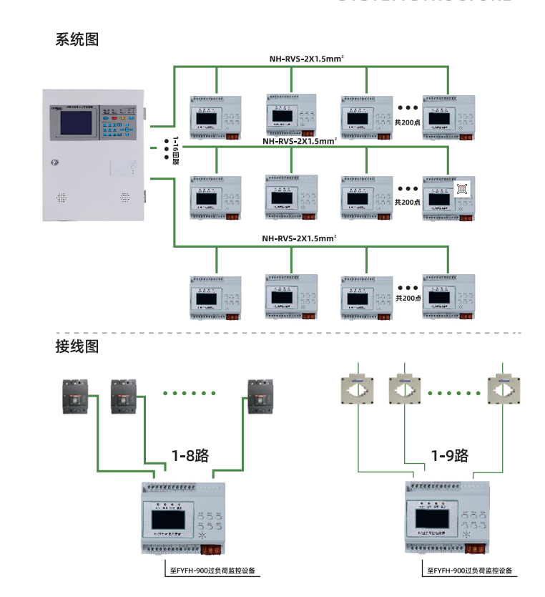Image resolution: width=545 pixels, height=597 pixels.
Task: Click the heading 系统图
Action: (x=77, y=40)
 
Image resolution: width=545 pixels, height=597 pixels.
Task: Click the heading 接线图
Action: (x=77, y=347)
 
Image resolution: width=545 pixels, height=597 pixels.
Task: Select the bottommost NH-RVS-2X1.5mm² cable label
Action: (x=298, y=238)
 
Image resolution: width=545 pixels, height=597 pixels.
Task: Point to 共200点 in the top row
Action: (x=408, y=122)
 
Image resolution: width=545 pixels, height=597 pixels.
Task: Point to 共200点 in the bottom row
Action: (x=408, y=298)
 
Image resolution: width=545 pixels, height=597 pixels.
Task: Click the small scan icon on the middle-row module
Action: (x=462, y=189)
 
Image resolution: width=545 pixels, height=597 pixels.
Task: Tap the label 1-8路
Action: (x=190, y=455)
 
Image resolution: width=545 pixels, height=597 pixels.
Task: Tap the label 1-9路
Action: (x=449, y=455)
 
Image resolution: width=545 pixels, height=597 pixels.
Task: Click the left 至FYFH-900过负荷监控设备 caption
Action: (x=212, y=571)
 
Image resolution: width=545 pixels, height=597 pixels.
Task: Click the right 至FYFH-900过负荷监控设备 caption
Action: (x=470, y=571)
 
